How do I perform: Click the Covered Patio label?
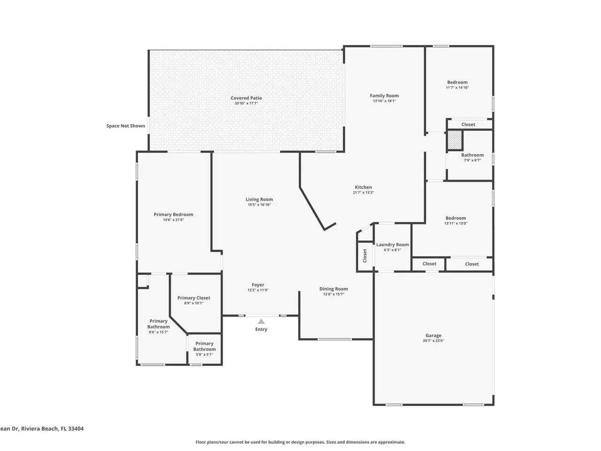pos(246,98)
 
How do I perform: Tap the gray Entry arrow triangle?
pos(261,321)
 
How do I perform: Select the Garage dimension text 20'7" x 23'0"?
pos(433,341)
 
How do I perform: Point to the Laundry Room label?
pos(392,245)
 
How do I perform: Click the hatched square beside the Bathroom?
pos(455,140)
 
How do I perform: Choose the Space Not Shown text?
pos(125,126)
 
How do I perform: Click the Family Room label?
pos(384,95)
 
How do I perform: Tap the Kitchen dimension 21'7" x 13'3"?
pos(363,193)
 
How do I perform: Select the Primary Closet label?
pos(193,298)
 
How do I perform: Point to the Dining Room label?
pos(333,289)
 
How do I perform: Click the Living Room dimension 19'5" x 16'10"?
pos(259,204)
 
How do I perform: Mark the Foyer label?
pos(258,285)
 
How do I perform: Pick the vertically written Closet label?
pos(364,256)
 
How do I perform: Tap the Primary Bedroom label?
pos(173,214)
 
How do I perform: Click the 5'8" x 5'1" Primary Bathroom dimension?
pos(204,354)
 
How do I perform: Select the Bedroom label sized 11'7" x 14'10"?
pos(457,82)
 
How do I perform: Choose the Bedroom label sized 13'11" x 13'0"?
pos(455,218)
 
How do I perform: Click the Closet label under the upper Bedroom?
pos(468,124)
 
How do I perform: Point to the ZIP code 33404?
pos(76,428)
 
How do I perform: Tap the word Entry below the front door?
pos(261,329)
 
